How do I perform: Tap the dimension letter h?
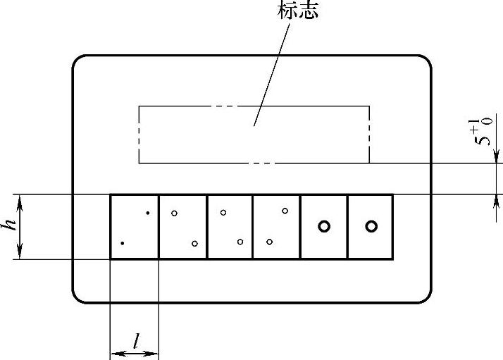(x=9, y=225)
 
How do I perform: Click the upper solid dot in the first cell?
(x=147, y=212)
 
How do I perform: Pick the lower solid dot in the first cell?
(x=123, y=243)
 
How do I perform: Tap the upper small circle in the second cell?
(x=174, y=212)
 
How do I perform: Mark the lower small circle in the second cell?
(x=194, y=244)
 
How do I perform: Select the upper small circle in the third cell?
(x=223, y=212)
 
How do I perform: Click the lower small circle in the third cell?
(x=240, y=242)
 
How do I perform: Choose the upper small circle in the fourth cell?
(x=285, y=211)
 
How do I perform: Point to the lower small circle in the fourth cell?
(x=269, y=242)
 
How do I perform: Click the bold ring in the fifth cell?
(x=324, y=226)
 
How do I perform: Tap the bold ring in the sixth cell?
(x=371, y=226)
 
